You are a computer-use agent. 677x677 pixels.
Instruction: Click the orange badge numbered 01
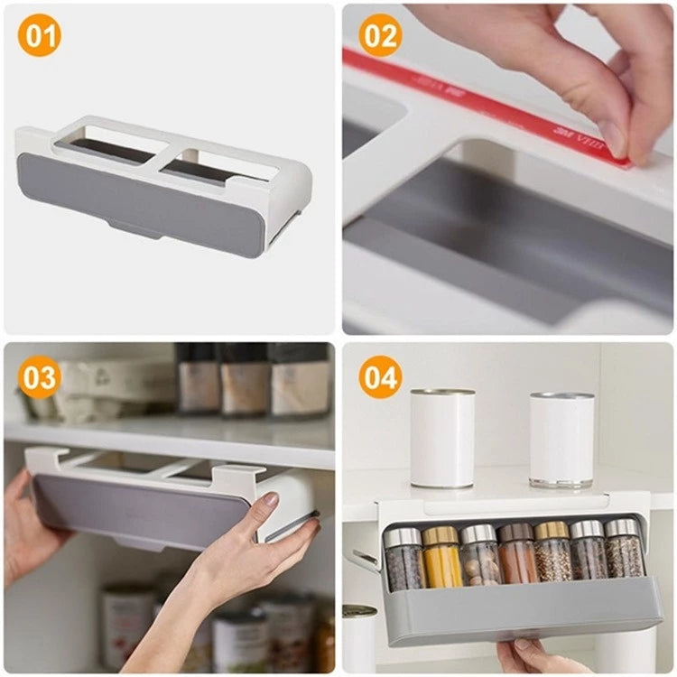[x=39, y=37]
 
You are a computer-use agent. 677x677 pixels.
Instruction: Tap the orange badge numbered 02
[x=380, y=37]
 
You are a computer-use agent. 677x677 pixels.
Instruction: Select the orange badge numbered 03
[x=39, y=377]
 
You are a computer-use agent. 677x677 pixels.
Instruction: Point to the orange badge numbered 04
[x=380, y=377]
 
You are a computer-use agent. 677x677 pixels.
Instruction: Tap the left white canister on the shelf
[x=442, y=438]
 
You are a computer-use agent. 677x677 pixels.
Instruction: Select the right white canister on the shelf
[x=561, y=440]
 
